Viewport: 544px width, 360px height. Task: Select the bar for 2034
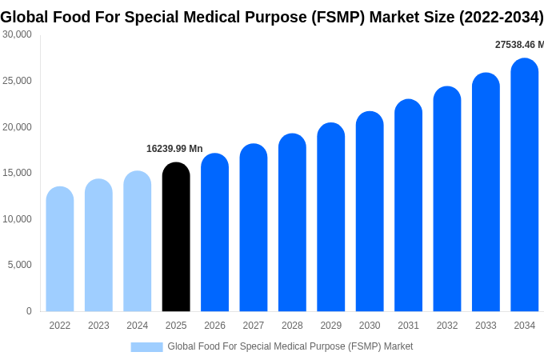click(524, 185)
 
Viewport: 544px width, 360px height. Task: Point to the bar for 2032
click(447, 199)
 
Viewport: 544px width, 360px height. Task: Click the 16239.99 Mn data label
click(174, 149)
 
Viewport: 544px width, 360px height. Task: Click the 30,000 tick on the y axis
click(17, 34)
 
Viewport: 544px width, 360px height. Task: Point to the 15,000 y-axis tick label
click(17, 173)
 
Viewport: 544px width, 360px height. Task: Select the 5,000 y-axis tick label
click(19, 265)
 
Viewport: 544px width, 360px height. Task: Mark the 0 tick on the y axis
click(29, 311)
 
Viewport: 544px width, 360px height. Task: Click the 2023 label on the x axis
click(98, 326)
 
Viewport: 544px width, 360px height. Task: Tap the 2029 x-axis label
click(331, 326)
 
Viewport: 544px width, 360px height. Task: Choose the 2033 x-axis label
click(486, 326)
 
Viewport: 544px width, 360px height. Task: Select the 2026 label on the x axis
click(214, 326)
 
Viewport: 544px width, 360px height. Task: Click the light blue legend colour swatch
click(146, 346)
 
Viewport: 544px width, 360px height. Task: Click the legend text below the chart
click(290, 346)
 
